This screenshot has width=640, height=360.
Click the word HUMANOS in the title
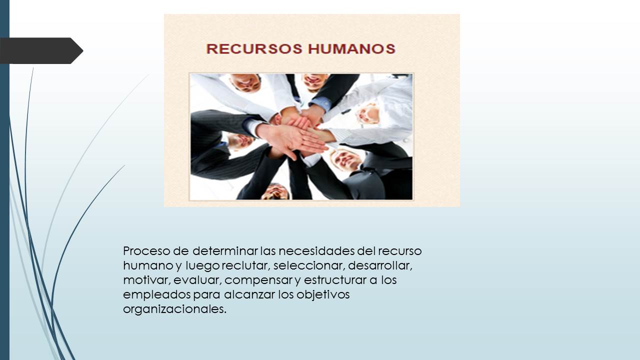coord(352,49)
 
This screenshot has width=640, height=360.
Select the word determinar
coord(225,251)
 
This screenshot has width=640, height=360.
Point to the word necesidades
coord(316,251)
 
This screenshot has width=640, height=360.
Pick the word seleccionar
coord(309,265)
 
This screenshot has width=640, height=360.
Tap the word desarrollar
coord(380,265)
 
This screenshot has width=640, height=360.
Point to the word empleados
coord(157,295)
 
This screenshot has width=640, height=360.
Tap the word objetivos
coord(323,295)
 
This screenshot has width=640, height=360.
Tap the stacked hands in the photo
coord(297,134)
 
